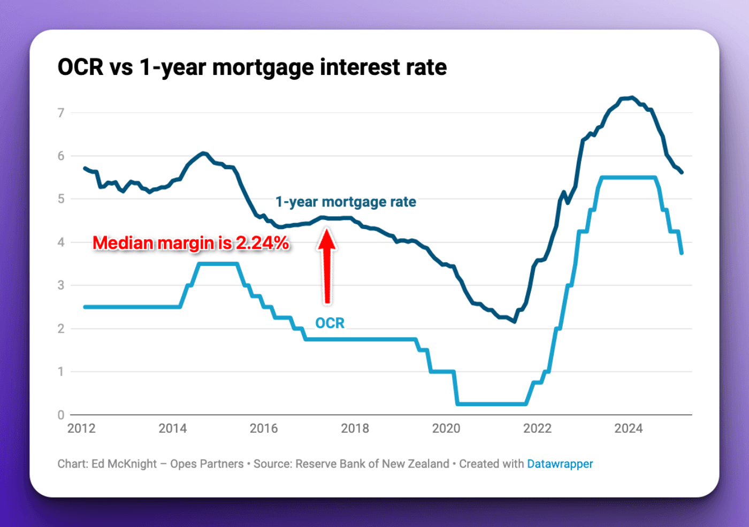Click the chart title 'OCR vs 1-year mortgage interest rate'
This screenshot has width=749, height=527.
252,68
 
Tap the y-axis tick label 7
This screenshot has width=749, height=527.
61,113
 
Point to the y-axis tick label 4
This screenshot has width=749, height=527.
61,242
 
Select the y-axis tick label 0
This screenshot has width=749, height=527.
61,415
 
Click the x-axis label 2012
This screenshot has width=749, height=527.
81,429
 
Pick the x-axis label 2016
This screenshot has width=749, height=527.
264,429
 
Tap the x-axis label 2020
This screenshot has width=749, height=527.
446,429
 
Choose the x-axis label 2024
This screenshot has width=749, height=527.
628,429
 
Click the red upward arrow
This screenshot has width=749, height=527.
327,265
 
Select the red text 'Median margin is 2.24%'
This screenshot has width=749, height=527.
191,243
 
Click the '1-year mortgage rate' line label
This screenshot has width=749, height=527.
346,202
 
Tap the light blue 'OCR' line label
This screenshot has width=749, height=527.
330,323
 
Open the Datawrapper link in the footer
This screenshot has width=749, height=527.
560,464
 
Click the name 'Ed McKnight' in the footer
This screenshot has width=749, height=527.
124,464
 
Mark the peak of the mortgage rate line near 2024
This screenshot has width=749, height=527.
632,97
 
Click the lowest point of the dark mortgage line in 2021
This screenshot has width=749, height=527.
514,322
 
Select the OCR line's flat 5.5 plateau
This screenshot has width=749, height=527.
629,178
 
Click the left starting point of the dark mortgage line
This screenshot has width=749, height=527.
85,168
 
